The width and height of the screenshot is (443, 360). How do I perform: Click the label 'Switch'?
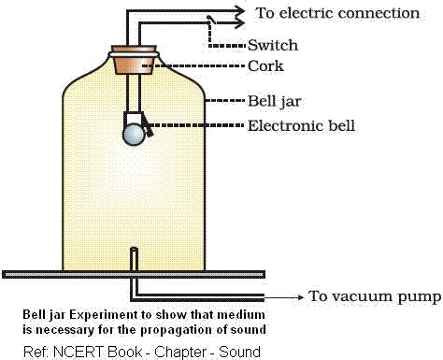tap(272, 45)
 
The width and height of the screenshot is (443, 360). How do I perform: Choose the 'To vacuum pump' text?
tap(375, 296)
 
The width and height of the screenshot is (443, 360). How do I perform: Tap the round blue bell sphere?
tap(135, 135)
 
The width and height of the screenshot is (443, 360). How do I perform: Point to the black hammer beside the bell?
tap(147, 125)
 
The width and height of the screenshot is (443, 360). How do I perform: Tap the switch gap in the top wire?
tap(214, 21)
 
